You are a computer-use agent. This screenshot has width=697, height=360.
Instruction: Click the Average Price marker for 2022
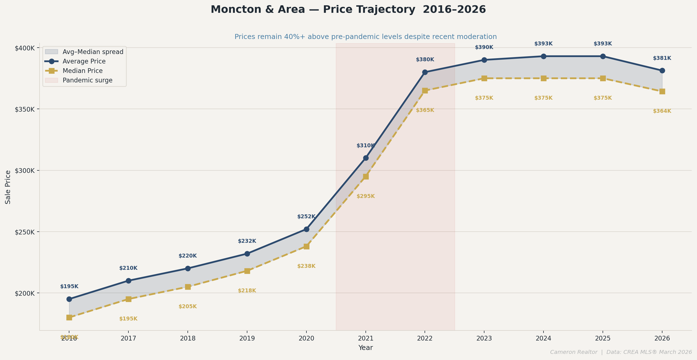tap(425, 72)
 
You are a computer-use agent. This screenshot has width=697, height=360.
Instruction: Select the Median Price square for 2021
tap(366, 177)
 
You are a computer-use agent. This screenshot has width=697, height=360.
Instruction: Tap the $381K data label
tap(662, 58)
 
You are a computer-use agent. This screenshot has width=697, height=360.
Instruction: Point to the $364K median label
tap(662, 111)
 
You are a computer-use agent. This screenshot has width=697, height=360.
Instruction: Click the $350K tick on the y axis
tap(25, 109)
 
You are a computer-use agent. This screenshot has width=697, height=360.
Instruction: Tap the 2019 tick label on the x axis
tap(247, 338)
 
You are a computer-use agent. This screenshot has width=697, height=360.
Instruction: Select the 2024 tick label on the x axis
tap(543, 338)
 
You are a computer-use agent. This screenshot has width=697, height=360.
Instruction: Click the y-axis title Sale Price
tap(8, 187)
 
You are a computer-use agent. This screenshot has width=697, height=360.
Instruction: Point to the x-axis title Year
tap(365, 348)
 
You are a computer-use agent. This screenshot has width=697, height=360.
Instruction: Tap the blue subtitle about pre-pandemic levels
tap(365, 37)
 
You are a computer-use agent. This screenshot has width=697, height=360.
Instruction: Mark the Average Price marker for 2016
tap(69, 299)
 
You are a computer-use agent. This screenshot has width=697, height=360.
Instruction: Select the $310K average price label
tap(365, 146)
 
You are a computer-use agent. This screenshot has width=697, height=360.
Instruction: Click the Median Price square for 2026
tap(662, 91)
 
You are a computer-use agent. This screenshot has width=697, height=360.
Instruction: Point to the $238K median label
tap(306, 266)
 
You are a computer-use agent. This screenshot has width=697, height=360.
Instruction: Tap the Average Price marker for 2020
tap(306, 229)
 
